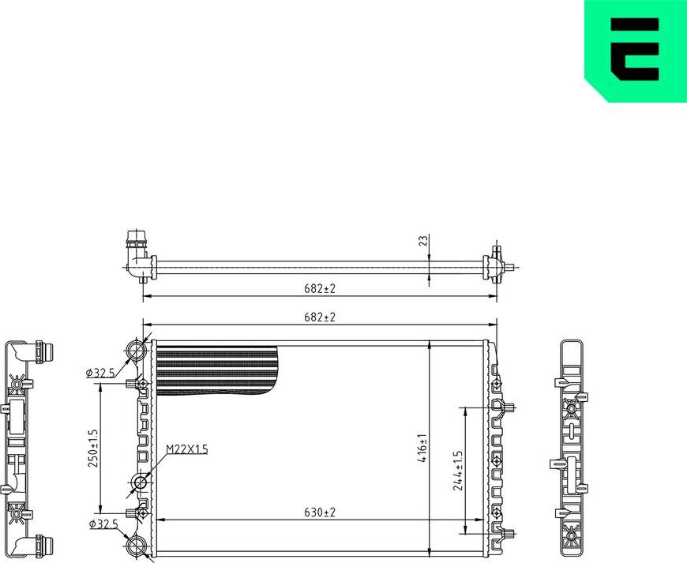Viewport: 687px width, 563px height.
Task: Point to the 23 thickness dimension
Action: (422, 239)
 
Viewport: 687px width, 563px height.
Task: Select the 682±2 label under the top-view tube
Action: (319, 289)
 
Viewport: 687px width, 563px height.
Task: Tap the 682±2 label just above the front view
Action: (319, 317)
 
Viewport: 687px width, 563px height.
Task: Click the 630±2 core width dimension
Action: (319, 512)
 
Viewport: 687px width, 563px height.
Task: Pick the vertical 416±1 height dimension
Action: (422, 447)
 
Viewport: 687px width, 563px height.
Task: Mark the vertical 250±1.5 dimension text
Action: (92, 448)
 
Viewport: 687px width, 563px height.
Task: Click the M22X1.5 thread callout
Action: (186, 449)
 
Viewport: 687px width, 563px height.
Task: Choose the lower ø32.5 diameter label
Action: (103, 523)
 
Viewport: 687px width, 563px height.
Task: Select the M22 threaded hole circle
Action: (141, 482)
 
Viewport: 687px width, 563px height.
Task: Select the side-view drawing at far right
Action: (572, 447)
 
